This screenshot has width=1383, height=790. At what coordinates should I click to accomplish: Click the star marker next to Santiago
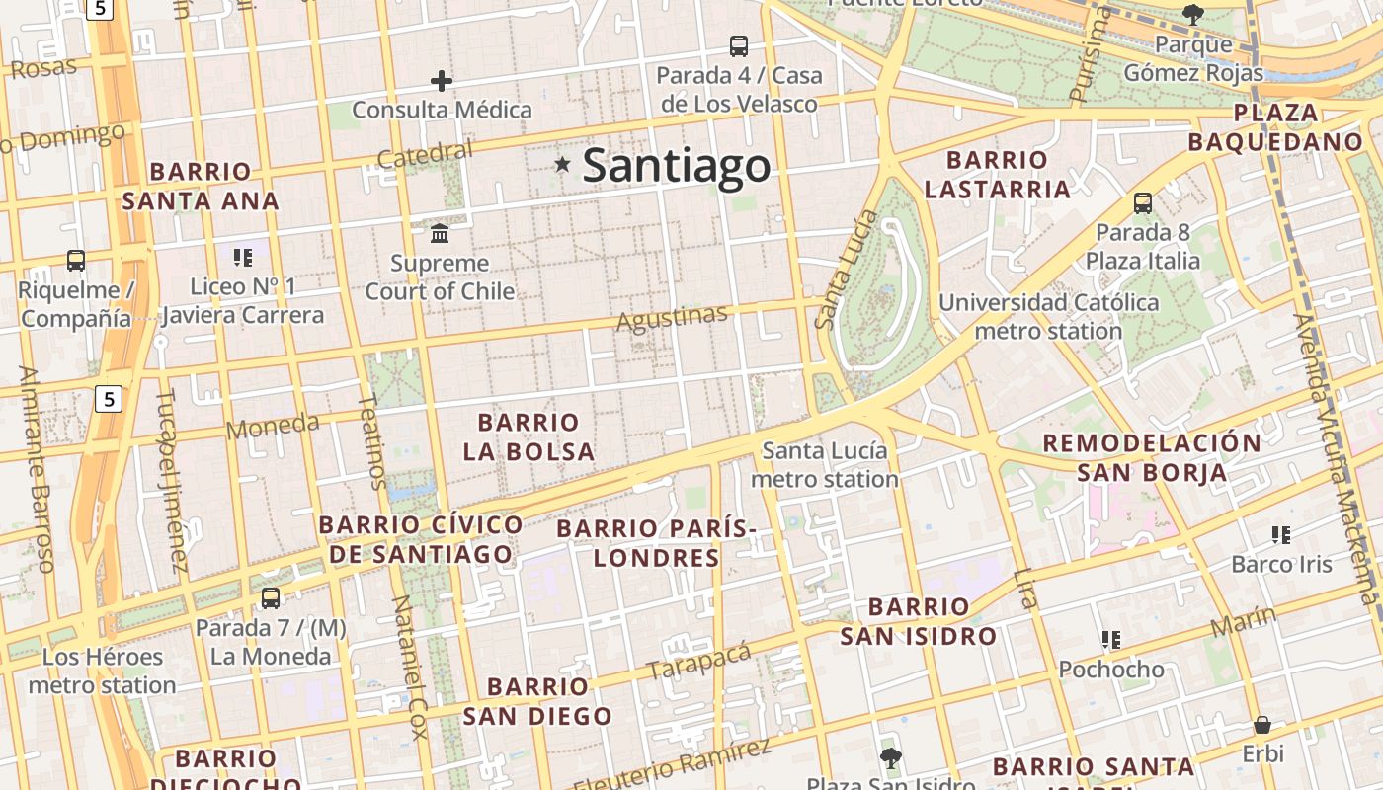(563, 164)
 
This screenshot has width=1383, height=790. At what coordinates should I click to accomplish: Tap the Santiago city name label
(676, 165)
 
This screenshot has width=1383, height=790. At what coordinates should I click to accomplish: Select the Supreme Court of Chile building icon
(440, 233)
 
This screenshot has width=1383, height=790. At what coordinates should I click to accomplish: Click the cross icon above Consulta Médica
(442, 80)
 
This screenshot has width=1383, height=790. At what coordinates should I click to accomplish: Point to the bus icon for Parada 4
(739, 45)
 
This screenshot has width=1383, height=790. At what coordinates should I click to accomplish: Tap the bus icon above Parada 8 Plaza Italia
(1143, 203)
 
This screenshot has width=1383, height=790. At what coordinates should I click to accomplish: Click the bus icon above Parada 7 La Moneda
(271, 597)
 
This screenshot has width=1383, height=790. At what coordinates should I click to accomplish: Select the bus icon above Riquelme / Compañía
(76, 261)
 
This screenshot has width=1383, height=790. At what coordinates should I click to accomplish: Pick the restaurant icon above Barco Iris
(1281, 535)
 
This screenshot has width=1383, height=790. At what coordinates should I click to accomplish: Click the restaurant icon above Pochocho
(1111, 640)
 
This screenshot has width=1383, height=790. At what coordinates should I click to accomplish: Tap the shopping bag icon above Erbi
(1261, 725)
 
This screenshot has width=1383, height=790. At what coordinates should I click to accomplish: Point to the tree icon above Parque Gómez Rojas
(1193, 14)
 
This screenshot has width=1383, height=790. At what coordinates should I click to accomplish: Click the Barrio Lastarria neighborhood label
(997, 174)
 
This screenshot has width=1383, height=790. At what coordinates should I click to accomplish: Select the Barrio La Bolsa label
(529, 436)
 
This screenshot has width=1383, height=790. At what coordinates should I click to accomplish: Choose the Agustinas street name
(672, 318)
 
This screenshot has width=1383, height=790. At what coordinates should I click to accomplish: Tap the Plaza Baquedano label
(1275, 126)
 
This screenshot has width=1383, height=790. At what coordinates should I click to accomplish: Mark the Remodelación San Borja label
(1152, 457)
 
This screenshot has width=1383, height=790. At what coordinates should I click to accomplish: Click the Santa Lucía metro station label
(825, 464)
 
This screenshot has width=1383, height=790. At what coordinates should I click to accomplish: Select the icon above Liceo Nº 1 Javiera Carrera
(243, 258)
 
